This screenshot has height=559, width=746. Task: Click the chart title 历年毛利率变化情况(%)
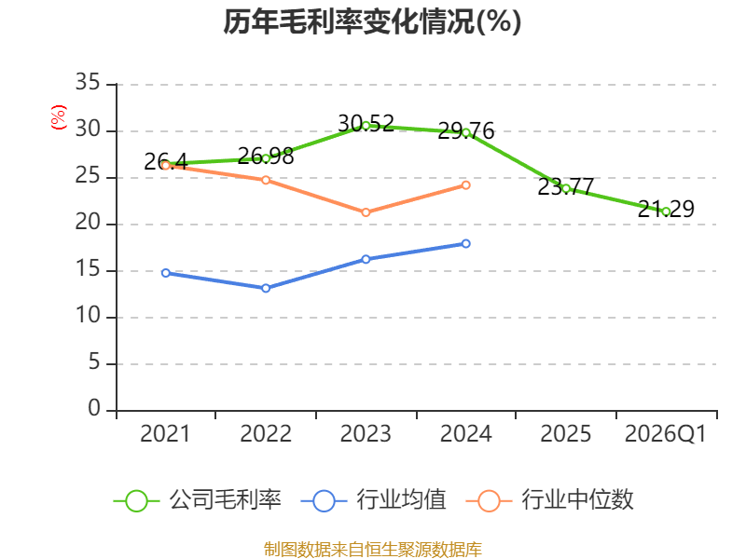(x=372, y=22)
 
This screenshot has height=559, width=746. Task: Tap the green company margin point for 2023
(x=366, y=125)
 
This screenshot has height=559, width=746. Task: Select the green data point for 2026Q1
(x=666, y=211)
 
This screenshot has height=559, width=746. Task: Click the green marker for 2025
(x=566, y=188)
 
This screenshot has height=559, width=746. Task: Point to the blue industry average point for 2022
(x=266, y=288)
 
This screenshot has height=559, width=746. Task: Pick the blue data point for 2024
(x=466, y=243)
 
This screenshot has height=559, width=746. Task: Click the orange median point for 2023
(x=366, y=212)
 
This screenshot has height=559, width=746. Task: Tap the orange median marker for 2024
(x=466, y=184)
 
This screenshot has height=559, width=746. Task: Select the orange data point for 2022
(x=266, y=180)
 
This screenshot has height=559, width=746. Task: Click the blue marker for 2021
(x=166, y=273)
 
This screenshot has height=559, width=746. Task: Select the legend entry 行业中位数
(x=557, y=500)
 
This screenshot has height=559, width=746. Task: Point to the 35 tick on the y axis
(x=88, y=84)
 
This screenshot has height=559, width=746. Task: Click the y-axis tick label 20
(x=88, y=224)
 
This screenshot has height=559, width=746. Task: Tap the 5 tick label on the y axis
(x=93, y=363)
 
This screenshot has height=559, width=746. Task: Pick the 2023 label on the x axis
(x=366, y=434)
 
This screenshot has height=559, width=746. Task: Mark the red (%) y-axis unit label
(x=59, y=118)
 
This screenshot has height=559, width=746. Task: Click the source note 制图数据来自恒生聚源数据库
(x=372, y=549)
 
